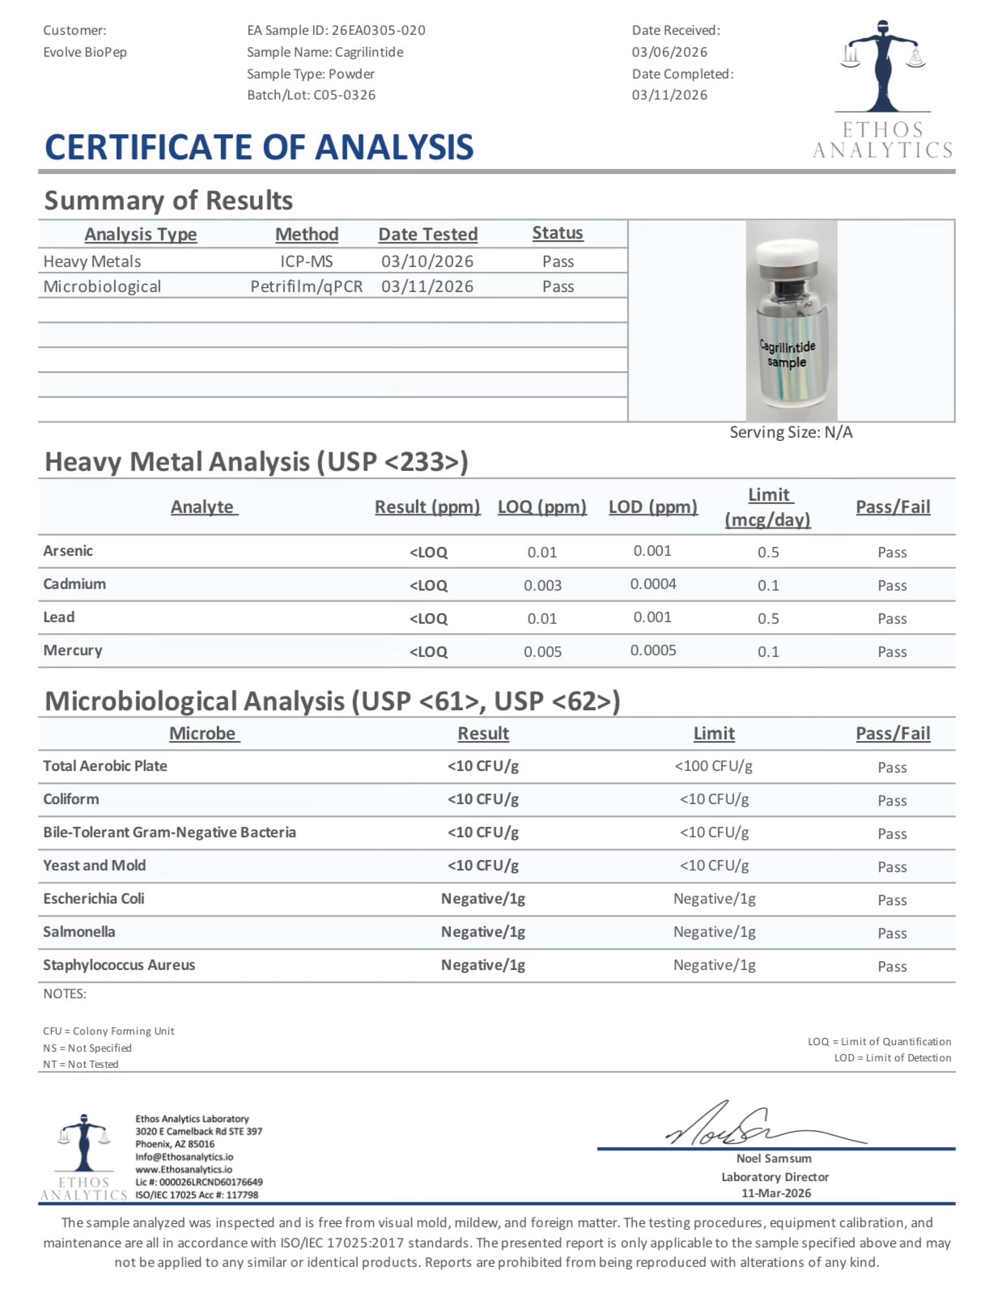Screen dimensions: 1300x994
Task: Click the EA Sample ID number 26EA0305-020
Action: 378,31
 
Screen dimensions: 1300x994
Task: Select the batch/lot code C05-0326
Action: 344,95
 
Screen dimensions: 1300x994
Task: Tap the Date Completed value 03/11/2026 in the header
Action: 669,95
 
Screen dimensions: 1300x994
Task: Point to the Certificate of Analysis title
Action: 259,147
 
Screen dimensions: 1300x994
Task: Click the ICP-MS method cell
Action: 307,262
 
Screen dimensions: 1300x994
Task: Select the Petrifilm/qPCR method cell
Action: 307,287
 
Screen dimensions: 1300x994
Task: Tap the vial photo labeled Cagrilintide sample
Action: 791,320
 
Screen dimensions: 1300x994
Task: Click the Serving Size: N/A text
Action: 791,433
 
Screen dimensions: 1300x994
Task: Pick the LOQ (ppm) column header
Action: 542,507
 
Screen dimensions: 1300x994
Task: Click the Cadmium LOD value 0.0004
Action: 653,584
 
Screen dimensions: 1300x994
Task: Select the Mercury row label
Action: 73,650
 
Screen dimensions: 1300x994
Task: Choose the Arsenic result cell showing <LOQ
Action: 428,553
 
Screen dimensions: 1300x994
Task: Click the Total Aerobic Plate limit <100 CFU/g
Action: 713,766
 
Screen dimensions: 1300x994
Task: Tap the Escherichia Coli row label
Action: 94,899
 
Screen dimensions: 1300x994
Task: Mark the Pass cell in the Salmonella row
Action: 892,934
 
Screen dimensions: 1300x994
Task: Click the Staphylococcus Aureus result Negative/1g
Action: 483,965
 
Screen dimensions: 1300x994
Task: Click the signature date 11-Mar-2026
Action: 775,1193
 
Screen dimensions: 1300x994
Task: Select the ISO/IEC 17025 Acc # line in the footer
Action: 197,1195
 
